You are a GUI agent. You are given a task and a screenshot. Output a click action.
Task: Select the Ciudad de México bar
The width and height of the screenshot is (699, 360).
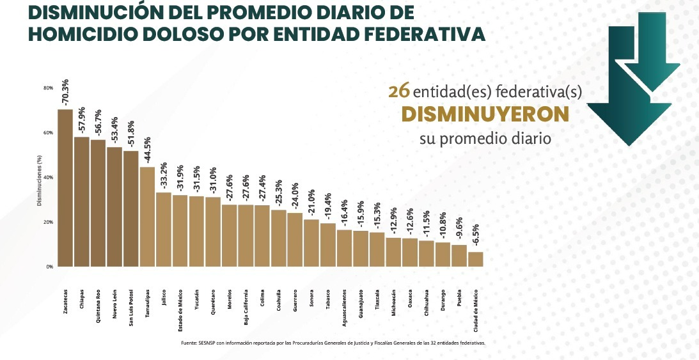click(x=476, y=259)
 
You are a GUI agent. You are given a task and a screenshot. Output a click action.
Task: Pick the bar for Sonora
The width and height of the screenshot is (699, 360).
click(x=311, y=243)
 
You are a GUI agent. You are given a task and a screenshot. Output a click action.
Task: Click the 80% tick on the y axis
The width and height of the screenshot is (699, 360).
click(x=48, y=88)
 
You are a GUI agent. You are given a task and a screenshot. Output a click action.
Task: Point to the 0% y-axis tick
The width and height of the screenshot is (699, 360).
click(x=49, y=267)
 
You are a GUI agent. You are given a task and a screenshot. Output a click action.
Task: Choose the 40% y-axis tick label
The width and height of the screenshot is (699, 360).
click(x=48, y=177)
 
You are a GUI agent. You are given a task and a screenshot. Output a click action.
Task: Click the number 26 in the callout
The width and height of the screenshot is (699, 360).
click(x=400, y=91)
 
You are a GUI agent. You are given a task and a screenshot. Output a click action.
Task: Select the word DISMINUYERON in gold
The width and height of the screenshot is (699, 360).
click(x=485, y=114)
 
